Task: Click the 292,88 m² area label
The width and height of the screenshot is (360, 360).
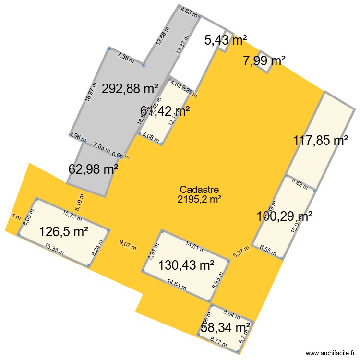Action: [x=130, y=88]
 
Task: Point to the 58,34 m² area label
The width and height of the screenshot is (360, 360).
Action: [x=226, y=328]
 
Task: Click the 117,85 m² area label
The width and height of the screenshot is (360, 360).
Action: [x=321, y=141]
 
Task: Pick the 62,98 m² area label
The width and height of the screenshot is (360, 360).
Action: [x=94, y=169]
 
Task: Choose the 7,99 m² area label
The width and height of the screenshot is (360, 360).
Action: [x=264, y=60]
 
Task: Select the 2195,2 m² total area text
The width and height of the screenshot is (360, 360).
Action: [x=199, y=199]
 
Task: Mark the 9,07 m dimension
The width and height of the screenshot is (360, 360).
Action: [x=128, y=248]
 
